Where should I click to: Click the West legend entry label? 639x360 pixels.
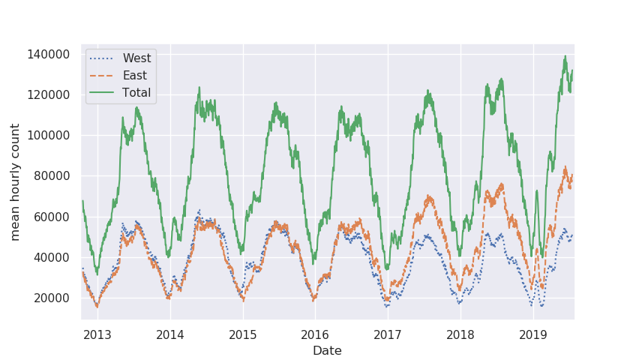136,58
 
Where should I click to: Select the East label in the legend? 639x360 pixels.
135,76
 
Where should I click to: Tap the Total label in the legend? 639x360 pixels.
136,93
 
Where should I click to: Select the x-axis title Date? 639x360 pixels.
327,350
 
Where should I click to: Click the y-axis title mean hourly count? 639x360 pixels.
16,182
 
